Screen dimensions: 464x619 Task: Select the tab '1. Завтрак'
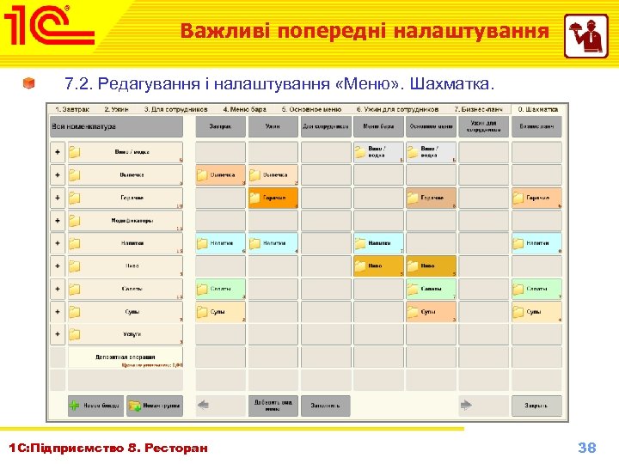click(74, 109)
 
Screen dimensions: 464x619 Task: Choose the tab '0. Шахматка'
click(536, 109)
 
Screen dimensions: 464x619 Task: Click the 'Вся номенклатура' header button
click(117, 126)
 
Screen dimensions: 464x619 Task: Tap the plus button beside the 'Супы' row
click(58, 311)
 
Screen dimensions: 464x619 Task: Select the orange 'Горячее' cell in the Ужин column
click(273, 198)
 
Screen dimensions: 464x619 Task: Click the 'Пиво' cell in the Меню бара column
click(378, 266)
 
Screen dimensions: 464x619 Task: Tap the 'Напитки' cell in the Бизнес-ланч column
click(536, 243)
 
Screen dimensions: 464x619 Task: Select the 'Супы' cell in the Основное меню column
click(432, 311)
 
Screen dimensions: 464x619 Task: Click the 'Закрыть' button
click(536, 405)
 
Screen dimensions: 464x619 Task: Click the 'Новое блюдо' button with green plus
click(96, 406)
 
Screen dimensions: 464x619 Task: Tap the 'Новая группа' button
click(154, 406)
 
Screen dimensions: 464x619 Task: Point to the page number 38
click(587, 448)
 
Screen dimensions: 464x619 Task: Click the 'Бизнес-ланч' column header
click(536, 126)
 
